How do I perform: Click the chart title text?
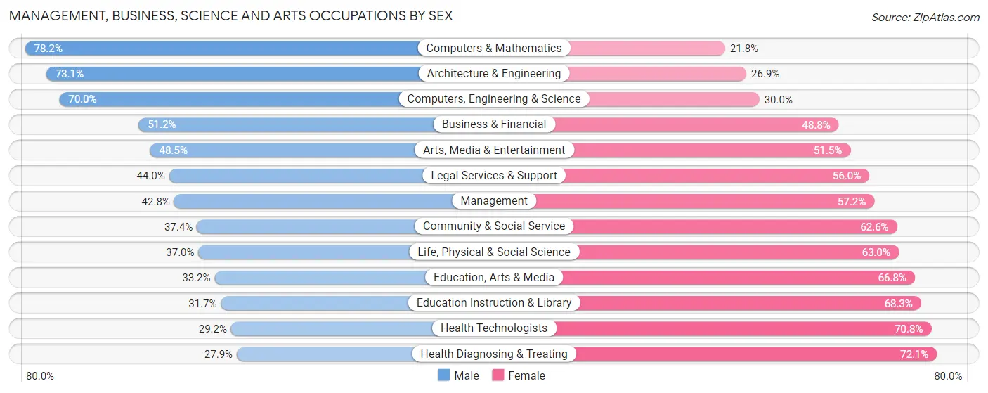point(230,15)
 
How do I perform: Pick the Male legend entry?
point(458,375)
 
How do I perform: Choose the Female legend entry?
point(519,375)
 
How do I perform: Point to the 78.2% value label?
point(48,49)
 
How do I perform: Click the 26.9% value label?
point(765,74)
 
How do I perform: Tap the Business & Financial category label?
point(494,124)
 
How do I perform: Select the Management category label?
point(494,201)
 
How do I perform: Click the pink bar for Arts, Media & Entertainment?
point(710,150)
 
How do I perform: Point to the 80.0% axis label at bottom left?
point(40,376)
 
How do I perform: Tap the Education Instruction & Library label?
point(494,303)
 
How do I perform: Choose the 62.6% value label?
point(873,226)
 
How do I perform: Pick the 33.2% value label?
point(196,278)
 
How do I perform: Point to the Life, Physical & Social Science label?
point(494,252)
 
